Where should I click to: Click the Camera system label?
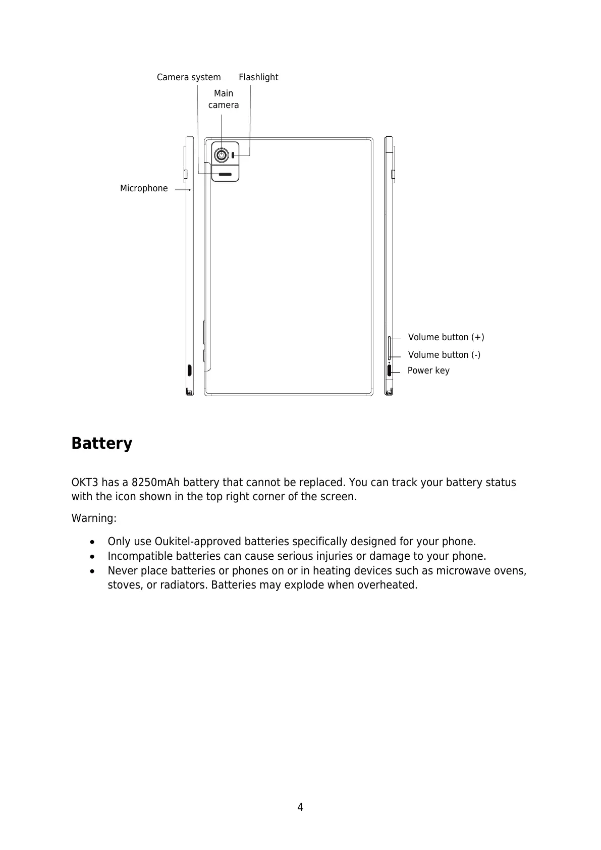click(189, 78)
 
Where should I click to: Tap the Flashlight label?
click(258, 78)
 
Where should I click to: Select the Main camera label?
click(224, 99)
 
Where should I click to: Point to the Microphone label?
click(144, 189)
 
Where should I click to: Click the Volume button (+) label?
click(446, 337)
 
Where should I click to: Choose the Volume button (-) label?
click(444, 355)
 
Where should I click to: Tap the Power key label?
click(428, 370)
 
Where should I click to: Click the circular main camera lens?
click(221, 154)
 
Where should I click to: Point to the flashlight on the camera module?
click(233, 154)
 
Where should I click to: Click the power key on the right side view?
click(390, 370)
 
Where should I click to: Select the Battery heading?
click(102, 443)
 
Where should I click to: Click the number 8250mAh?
click(159, 483)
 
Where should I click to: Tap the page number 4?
click(300, 807)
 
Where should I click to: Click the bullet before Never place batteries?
click(91, 571)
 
